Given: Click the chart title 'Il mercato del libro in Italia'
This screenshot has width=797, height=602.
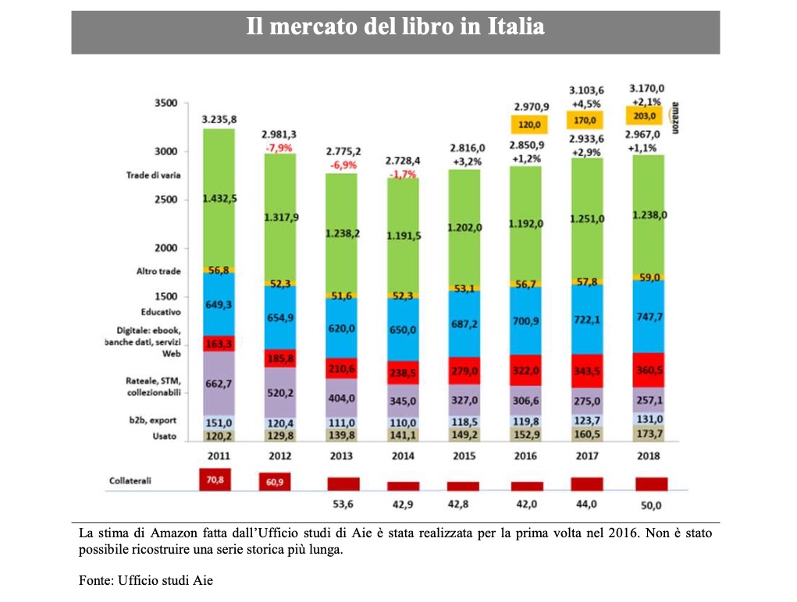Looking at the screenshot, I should [x=395, y=27].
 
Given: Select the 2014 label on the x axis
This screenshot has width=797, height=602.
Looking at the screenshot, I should [x=404, y=455].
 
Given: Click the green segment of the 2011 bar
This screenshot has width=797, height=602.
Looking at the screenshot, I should [x=219, y=198].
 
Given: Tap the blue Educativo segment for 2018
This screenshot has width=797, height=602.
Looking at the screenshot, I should [x=649, y=317].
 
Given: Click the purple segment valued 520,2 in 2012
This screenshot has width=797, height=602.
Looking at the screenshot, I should [x=279, y=393].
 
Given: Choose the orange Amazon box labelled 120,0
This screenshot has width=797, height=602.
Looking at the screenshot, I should [x=526, y=123].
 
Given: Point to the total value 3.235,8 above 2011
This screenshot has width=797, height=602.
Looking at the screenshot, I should [x=219, y=119].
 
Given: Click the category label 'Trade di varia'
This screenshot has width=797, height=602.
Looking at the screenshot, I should [x=154, y=175].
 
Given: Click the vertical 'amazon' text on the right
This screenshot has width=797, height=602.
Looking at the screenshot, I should [x=674, y=118].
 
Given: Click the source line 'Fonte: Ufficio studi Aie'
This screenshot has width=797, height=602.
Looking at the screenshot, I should [x=145, y=580].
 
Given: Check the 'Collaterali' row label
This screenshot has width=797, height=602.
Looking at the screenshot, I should [x=130, y=481].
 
